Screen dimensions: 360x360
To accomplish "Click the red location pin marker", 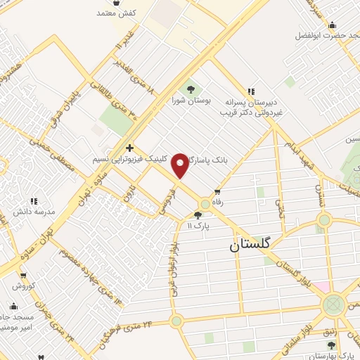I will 181,165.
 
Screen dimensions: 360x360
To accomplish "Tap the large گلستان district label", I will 254,247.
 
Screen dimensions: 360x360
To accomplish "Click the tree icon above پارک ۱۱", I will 198,215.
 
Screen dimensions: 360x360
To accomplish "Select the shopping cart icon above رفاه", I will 217,191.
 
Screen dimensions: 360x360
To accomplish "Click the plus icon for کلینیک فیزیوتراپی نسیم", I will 129,148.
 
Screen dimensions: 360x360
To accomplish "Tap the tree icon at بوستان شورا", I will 189,89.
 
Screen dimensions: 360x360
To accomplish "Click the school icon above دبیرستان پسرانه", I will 250,91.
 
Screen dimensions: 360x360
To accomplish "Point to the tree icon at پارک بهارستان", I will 331,344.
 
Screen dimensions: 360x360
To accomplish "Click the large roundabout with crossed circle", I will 333,305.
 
